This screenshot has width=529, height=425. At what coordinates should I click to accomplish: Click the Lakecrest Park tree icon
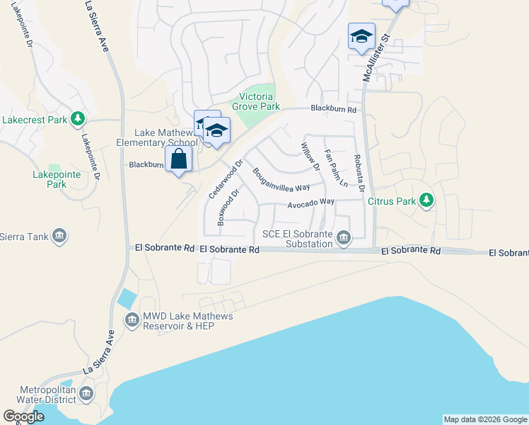point(79,119)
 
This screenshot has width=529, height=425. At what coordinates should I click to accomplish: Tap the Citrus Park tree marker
point(426,200)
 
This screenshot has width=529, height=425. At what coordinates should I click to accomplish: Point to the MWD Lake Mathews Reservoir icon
point(132,321)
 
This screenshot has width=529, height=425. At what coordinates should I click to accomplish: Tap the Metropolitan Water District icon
point(86,393)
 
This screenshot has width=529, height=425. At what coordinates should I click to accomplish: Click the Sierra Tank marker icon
point(59,236)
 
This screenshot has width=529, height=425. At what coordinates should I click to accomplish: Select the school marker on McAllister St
point(361,36)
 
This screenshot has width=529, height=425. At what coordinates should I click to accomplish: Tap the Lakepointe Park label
point(50,179)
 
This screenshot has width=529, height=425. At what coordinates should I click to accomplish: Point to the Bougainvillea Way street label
point(281,180)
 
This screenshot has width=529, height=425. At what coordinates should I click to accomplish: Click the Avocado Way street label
point(310,203)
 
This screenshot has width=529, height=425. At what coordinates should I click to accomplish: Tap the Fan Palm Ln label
point(336,167)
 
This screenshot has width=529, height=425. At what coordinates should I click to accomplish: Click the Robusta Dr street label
point(359,173)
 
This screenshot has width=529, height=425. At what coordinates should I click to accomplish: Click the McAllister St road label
point(376,57)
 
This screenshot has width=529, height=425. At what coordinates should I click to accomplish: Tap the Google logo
point(23,416)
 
